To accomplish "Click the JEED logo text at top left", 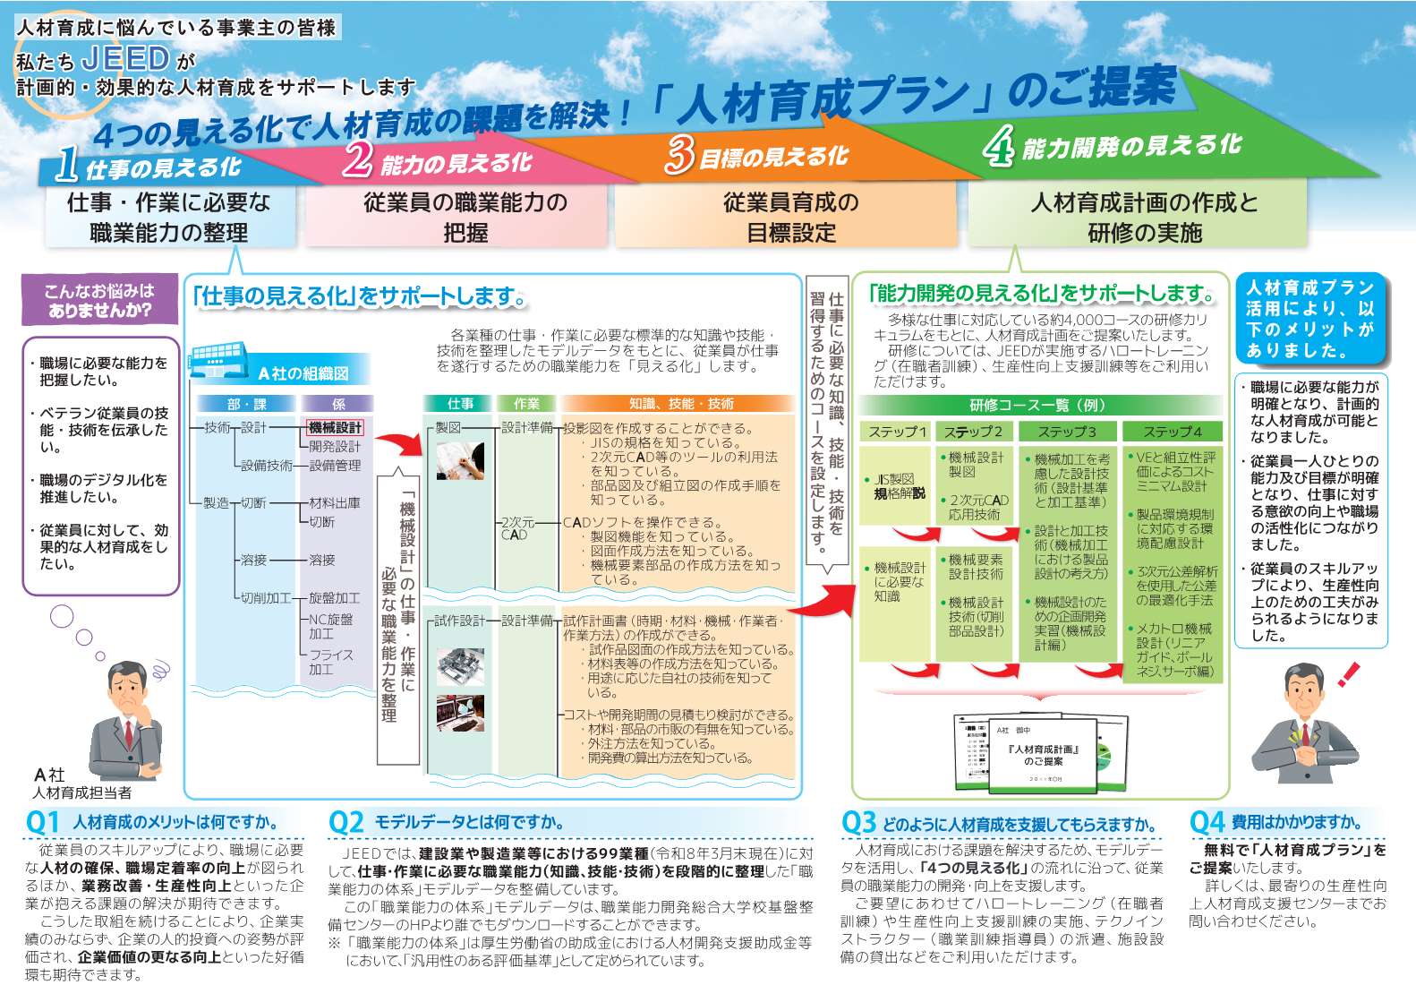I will pos(125,59).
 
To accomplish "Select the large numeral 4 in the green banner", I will pos(997,146).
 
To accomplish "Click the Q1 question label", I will pos(42,822).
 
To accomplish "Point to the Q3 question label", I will pos(858,822).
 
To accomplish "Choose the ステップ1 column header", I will pos(897,432).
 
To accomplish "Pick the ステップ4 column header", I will pos(1172,432).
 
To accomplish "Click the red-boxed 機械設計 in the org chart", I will pos(336,428).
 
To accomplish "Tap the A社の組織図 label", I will pos(303,373).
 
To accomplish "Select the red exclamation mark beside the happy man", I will pos(1349,673).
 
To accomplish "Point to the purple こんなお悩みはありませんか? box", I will pos(98,301).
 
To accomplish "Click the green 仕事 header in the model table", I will pos(460,404).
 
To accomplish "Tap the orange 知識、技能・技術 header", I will pos(680,404).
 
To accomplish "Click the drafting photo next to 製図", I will pos(460,460).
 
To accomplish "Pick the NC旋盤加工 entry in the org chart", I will pos(330,626).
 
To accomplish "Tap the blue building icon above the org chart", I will pos(215,357).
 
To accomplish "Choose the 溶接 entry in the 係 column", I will pos(322,560).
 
